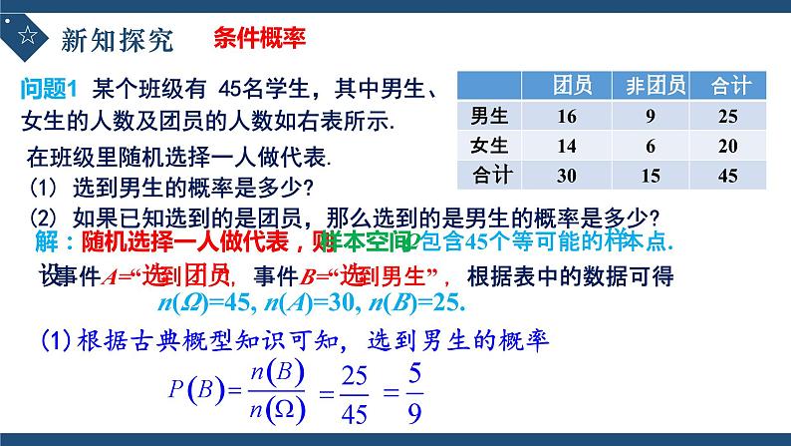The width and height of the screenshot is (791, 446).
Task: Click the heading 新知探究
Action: coord(118,40)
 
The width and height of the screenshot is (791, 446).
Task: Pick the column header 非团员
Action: coord(650,86)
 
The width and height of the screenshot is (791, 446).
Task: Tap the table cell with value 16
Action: coord(567,117)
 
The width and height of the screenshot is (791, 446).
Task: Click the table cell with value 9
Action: coord(649,117)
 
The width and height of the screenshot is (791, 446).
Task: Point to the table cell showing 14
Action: coord(567,146)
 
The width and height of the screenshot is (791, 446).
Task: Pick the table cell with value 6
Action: coord(649,146)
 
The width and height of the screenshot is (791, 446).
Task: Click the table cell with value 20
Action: coord(727,146)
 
